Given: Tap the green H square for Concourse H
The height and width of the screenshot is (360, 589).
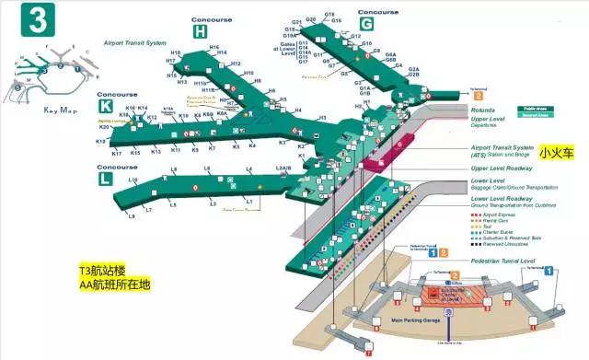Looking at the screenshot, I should coord(201,31).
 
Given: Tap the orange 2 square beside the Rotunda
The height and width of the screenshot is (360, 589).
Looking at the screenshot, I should coord(478,95).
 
